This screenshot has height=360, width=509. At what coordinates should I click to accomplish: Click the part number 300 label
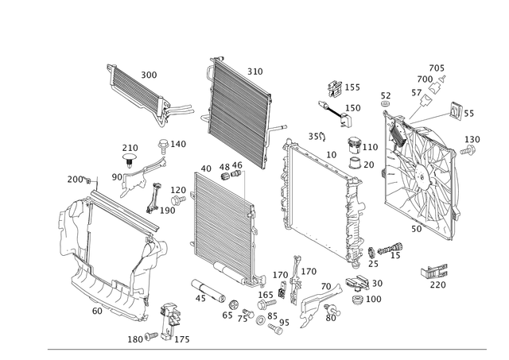pyautogui.click(x=149, y=75)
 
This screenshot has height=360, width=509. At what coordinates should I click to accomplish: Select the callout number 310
pyautogui.click(x=255, y=72)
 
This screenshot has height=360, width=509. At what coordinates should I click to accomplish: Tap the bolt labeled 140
pyautogui.click(x=163, y=145)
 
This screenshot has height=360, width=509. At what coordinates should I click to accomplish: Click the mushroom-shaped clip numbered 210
pyautogui.click(x=130, y=159)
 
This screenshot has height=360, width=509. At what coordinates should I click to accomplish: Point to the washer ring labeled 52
pyautogui.click(x=385, y=104)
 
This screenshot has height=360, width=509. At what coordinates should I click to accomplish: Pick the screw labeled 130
pyautogui.click(x=468, y=150)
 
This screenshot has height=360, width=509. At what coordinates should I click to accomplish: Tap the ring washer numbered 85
pyautogui.click(x=261, y=320)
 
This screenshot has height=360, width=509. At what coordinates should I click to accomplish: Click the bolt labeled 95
pyautogui.click(x=275, y=329)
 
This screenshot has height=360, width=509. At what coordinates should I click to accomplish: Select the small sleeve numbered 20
pyautogui.click(x=355, y=163)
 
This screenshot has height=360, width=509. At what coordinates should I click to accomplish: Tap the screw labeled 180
pyautogui.click(x=151, y=336)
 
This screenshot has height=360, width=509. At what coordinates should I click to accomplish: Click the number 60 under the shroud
pyautogui.click(x=97, y=311)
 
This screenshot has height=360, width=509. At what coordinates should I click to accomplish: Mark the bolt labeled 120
pyautogui.click(x=178, y=199)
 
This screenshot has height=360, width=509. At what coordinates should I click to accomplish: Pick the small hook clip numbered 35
pyautogui.click(x=322, y=137)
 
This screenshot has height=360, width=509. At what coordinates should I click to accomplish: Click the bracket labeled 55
pyautogui.click(x=457, y=110)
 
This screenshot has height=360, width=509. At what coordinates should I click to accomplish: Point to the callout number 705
pyautogui.click(x=437, y=68)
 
